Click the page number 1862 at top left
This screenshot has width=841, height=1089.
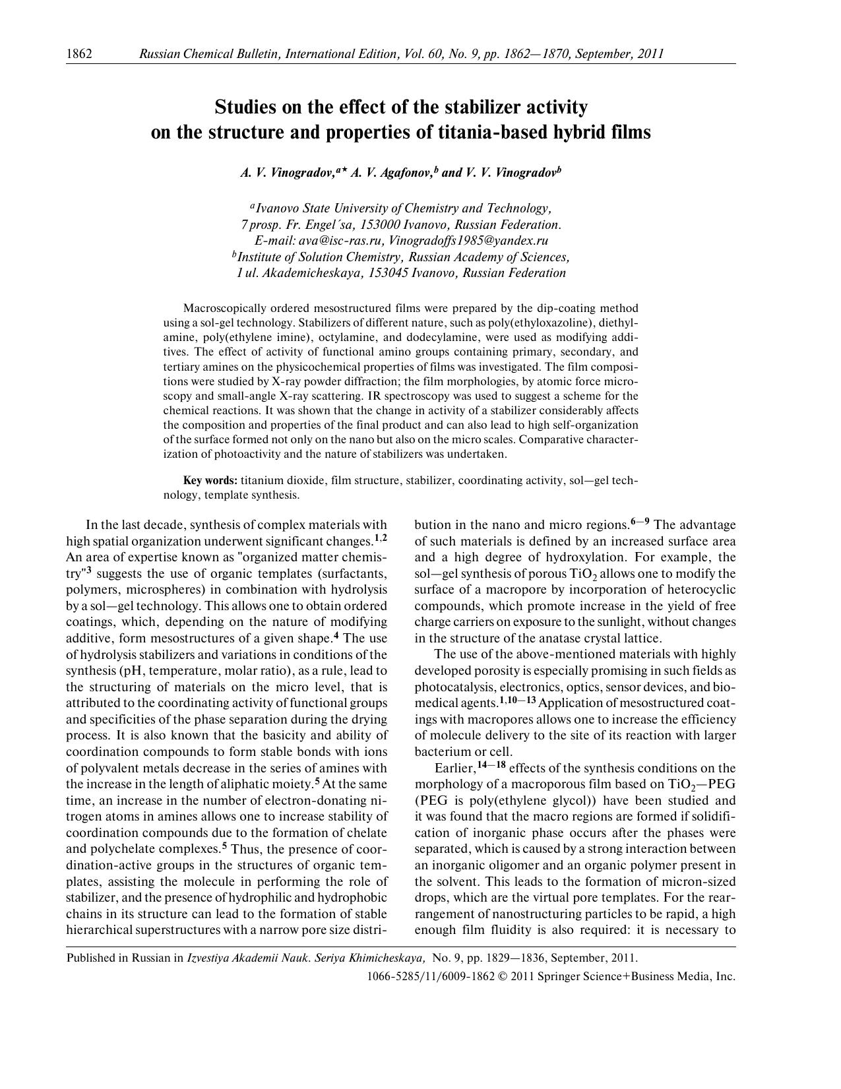(x=79, y=53)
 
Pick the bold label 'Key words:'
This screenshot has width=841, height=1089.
(x=210, y=480)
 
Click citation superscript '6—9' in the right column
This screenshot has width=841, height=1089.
(x=640, y=522)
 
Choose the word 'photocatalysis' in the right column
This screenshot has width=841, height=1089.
(x=450, y=687)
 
